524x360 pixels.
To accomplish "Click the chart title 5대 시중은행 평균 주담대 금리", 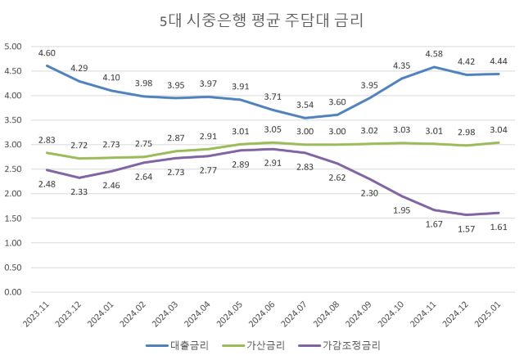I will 261,19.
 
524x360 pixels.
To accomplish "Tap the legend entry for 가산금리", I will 268,346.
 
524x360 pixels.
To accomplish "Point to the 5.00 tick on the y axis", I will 12,47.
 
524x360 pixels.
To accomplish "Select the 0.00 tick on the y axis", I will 12,292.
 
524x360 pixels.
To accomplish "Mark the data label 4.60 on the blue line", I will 47,52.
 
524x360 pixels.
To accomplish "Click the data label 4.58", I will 434,53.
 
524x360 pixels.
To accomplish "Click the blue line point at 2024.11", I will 434,67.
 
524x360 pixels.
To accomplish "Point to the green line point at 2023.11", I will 47,153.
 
